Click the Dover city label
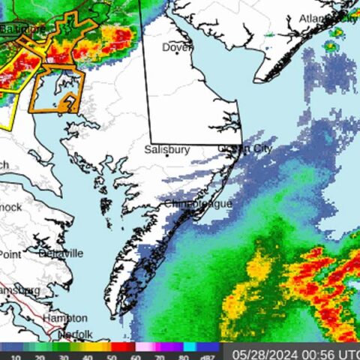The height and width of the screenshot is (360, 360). [x=177, y=47]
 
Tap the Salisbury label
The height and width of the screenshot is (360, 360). [x=166, y=150]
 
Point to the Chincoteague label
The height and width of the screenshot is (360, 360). [x=198, y=204]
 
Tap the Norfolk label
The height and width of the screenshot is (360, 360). [x=75, y=334]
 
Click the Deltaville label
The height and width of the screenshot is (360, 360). [x=60, y=253]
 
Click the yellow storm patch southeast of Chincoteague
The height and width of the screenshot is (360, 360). [x=259, y=270]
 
